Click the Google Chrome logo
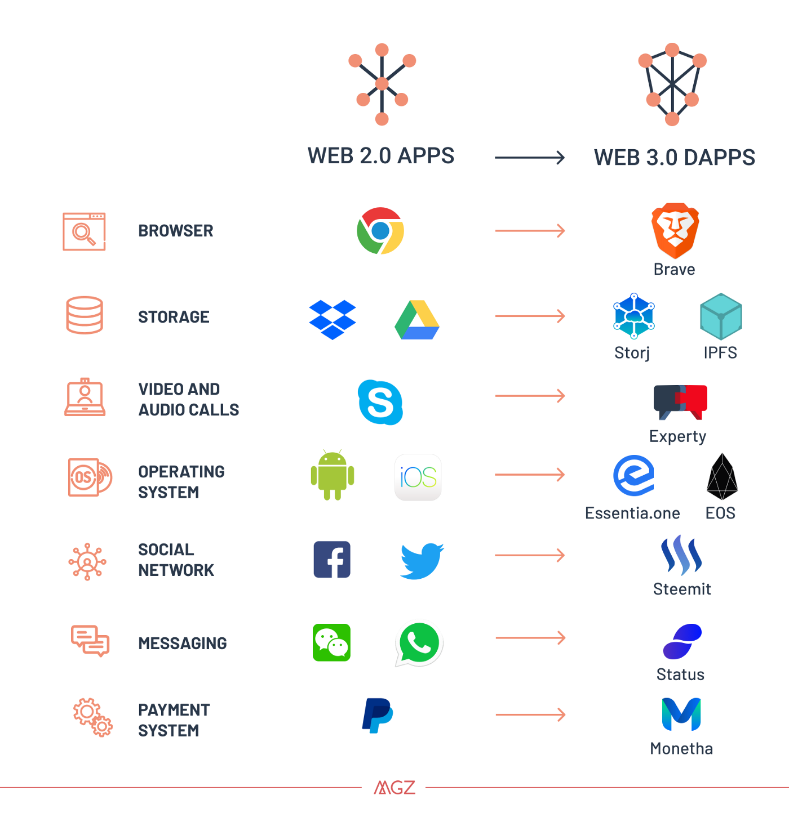click(380, 231)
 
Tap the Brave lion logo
click(675, 231)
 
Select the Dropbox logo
click(333, 320)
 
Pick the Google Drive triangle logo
click(417, 320)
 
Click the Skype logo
click(380, 402)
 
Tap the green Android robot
click(333, 475)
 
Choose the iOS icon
click(418, 477)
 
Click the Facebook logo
click(332, 559)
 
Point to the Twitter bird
click(422, 561)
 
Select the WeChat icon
click(331, 642)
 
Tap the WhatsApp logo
click(419, 644)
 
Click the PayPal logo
click(378, 715)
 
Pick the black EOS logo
click(722, 476)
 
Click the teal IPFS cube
click(721, 316)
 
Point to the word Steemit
click(682, 589)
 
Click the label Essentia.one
click(632, 513)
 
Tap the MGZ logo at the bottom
click(394, 788)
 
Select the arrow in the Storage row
click(530, 316)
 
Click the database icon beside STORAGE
click(84, 315)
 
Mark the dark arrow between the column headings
click(530, 158)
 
